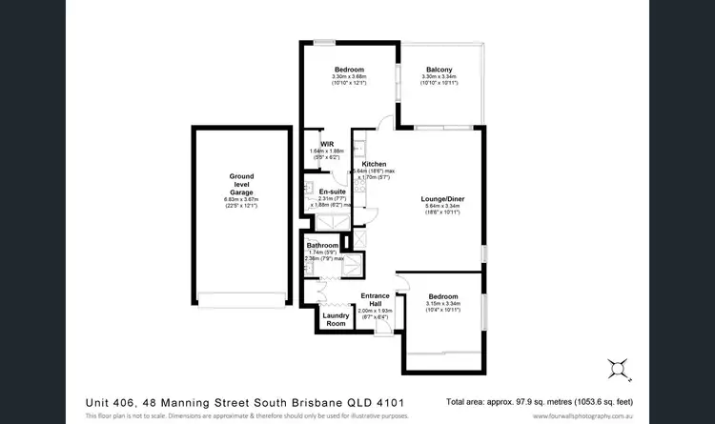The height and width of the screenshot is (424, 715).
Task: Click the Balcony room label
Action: click(439, 69)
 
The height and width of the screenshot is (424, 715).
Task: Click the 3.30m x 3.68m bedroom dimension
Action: click(349, 76)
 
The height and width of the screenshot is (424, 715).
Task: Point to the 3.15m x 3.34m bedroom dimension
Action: click(442, 304)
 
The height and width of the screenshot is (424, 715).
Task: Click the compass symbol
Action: click(617, 365)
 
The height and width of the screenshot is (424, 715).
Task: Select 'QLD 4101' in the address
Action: click(402, 400)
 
